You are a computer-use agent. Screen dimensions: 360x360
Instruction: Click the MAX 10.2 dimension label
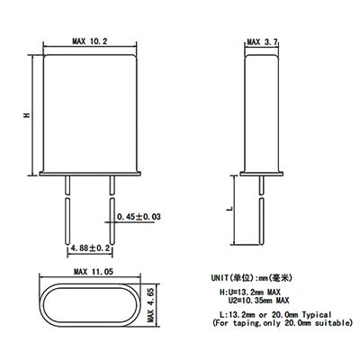(90, 41)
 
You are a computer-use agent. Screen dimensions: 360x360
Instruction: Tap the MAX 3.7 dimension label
(262, 42)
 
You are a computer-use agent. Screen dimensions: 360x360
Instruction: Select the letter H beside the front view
(28, 114)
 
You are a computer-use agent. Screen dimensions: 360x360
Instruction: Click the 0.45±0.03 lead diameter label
(139, 216)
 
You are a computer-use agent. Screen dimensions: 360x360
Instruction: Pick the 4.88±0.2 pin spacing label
(90, 248)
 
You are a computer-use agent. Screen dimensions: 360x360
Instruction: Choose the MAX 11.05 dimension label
(94, 272)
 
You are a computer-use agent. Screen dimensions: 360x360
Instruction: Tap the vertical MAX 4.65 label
(150, 305)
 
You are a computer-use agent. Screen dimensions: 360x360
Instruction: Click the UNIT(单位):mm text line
(251, 278)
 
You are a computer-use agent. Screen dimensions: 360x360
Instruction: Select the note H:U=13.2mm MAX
(250, 292)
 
